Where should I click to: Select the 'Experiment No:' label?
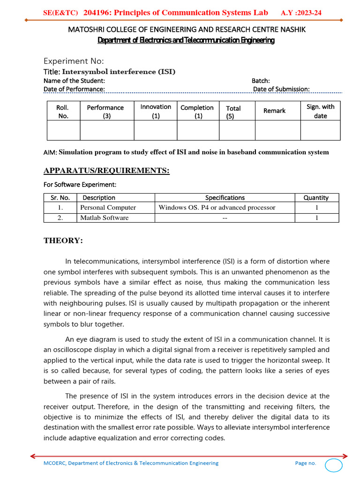click(74, 61)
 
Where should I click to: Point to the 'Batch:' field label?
click(261, 81)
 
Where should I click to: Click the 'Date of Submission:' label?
click(281, 89)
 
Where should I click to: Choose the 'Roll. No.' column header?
click(63, 112)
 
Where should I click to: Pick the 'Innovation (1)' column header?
click(156, 111)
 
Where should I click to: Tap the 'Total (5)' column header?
click(233, 112)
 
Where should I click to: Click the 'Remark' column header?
click(274, 111)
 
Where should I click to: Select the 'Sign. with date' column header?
click(321, 111)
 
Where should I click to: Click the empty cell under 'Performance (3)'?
click(107, 130)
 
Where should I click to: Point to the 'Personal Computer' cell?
click(108, 207)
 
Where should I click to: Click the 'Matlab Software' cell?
click(104, 217)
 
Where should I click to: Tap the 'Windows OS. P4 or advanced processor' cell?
click(217, 207)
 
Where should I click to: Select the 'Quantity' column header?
click(316, 197)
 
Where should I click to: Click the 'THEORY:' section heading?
click(63, 240)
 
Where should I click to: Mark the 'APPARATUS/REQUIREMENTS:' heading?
click(106, 171)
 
